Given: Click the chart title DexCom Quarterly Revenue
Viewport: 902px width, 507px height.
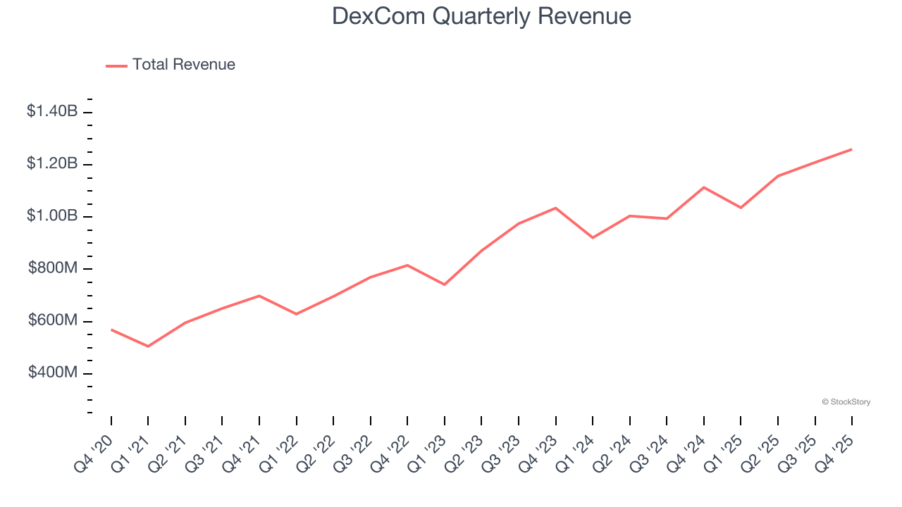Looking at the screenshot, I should point(481,16).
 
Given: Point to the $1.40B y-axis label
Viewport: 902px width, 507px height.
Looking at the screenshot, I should point(52,111).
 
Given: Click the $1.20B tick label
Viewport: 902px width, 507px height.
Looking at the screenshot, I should point(52,163).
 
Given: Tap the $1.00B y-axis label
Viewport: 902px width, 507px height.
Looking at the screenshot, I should point(52,215).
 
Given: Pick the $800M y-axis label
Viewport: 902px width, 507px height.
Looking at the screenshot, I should point(52,268).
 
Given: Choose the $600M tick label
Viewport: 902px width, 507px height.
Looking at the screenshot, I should point(52,320).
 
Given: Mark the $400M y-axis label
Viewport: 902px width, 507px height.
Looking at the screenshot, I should point(52,373).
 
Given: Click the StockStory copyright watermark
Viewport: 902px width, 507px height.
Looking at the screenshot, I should point(846,402).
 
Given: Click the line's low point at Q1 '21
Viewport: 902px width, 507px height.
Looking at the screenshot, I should point(148,346).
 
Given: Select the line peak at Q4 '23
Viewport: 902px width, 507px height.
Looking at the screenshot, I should point(555,208).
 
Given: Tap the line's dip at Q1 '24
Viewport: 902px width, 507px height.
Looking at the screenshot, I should point(593,238).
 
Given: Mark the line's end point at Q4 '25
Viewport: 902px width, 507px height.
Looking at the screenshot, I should point(851,149).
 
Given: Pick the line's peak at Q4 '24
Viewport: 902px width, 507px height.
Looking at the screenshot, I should point(703,187).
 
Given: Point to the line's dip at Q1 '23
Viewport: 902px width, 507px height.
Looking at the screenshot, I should point(444,284).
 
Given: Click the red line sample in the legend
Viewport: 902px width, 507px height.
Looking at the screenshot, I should point(116,65).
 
